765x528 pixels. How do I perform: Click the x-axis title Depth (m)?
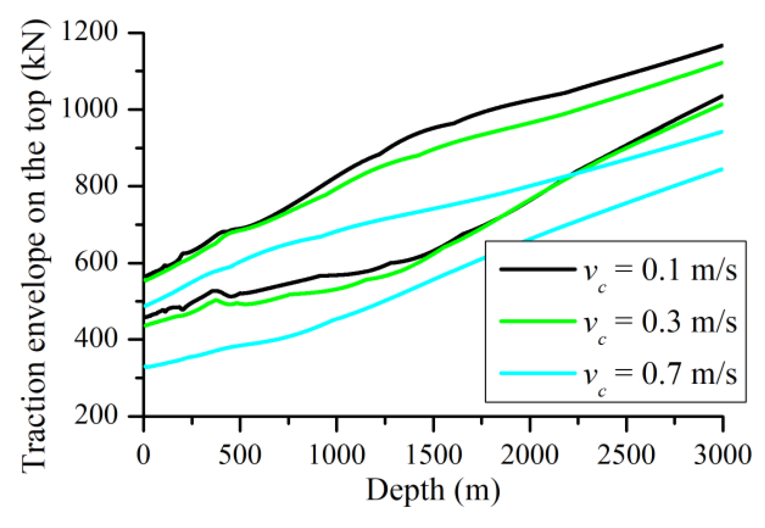[x=433, y=491]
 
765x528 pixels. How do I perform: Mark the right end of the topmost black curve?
[x=722, y=46]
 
